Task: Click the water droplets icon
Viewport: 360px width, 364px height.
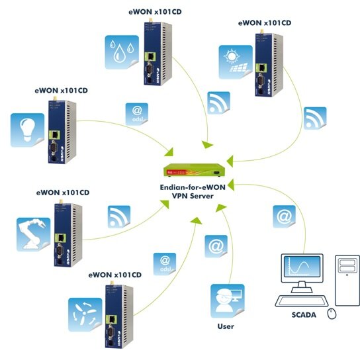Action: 122,52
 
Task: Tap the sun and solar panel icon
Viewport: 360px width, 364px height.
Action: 236,62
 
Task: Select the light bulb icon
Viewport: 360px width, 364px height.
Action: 27,130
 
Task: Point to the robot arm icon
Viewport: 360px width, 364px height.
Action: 34,234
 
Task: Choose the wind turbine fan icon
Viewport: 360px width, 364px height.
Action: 85,315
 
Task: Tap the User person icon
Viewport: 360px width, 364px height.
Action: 228,301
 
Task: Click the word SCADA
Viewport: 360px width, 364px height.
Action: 304,315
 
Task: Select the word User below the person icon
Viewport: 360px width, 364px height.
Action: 226,326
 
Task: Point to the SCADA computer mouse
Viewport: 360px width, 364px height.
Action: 332,314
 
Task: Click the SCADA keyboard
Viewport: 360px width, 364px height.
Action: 302,301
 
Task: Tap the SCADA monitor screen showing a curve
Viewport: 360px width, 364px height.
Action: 302,266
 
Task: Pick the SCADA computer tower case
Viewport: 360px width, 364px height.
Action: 347,280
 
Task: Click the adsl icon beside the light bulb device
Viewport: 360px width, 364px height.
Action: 137,114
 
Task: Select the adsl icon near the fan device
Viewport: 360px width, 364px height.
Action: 165,264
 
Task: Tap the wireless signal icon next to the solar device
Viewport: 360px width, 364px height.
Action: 315,118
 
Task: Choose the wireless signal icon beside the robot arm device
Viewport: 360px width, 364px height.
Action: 119,217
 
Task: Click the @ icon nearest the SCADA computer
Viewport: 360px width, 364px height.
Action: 284,216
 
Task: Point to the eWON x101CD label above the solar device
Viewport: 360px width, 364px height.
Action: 265,23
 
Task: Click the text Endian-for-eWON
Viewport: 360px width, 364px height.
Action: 193,187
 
